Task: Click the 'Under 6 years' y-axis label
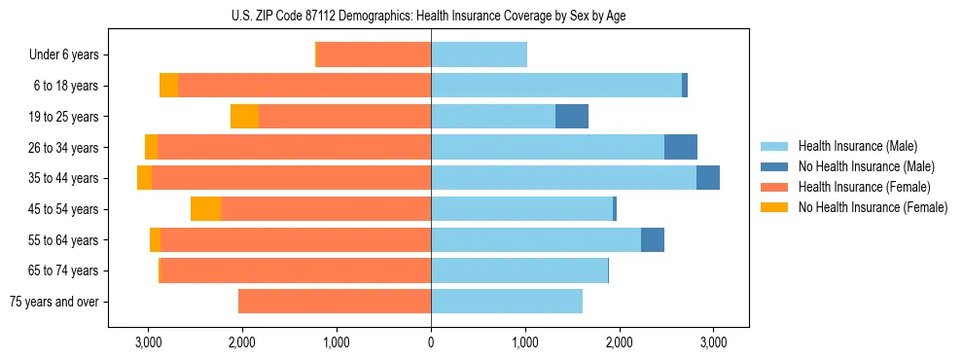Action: pyautogui.click(x=63, y=55)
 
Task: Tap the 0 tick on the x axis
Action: pyautogui.click(x=431, y=342)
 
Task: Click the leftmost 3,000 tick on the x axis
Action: pyautogui.click(x=148, y=342)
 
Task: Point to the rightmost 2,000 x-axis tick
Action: pyautogui.click(x=620, y=342)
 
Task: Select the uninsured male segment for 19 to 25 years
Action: pyautogui.click(x=572, y=117)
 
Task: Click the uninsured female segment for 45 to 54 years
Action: pyautogui.click(x=205, y=209)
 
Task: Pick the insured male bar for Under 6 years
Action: pyautogui.click(x=479, y=55)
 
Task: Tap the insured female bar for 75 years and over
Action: pyautogui.click(x=335, y=302)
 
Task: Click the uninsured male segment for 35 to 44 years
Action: pyautogui.click(x=708, y=178)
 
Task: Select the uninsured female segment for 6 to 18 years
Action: pyautogui.click(x=168, y=86)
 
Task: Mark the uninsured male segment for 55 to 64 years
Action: pyautogui.click(x=653, y=240)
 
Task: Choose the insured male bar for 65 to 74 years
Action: pyautogui.click(x=519, y=270)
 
